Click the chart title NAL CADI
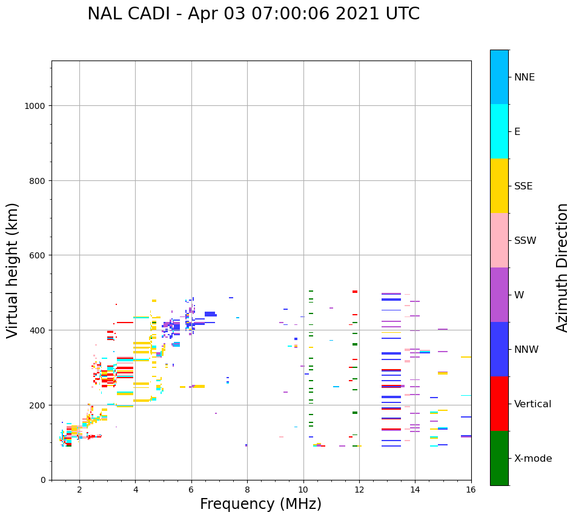(x=253, y=14)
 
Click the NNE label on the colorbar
(x=525, y=77)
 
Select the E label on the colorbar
(x=517, y=131)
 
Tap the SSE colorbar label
(x=523, y=186)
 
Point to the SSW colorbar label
(x=525, y=240)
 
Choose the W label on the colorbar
(x=519, y=295)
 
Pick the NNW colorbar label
(x=526, y=349)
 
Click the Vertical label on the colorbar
(x=532, y=404)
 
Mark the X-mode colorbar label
(x=533, y=458)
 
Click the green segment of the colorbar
(x=499, y=458)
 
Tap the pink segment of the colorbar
(x=499, y=240)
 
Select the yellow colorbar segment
(x=499, y=186)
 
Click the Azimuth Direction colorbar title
(x=563, y=267)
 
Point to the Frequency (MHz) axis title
(x=260, y=504)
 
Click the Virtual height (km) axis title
(x=13, y=270)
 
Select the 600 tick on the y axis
(x=38, y=255)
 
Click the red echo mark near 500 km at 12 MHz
(x=355, y=292)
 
